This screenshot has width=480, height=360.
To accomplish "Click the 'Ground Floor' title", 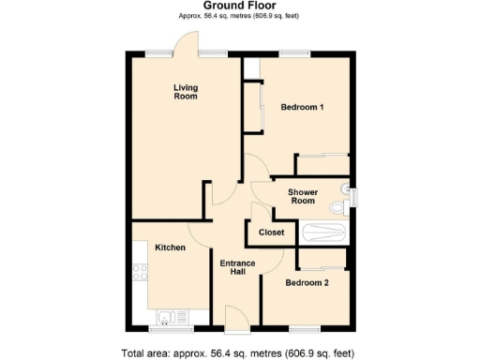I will [x=239, y=7].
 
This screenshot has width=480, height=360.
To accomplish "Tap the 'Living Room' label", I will [x=185, y=92].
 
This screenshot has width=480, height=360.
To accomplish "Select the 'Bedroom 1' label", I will [x=302, y=107].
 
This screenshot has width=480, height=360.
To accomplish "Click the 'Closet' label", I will [x=271, y=232].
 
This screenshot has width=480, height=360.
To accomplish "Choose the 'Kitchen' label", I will [x=170, y=247].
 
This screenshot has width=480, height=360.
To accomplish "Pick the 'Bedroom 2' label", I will [x=307, y=282].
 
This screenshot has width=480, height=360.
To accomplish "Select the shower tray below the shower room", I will [x=324, y=232].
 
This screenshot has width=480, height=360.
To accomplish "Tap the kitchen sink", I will [x=170, y=316].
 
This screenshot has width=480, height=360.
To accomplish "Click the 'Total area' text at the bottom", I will [x=239, y=352].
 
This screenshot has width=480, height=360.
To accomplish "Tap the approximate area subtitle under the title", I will [x=239, y=17].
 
